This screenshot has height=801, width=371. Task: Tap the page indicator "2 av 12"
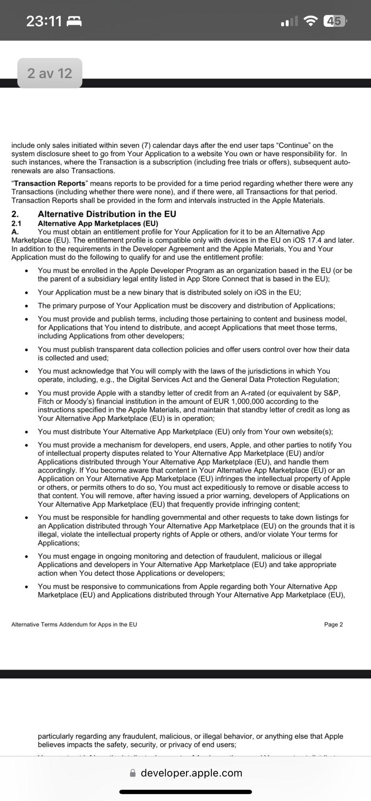point(50,73)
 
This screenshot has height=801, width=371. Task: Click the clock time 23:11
point(44,21)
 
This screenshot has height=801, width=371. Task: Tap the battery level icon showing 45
point(334,21)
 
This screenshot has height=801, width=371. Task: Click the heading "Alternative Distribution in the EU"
point(107,214)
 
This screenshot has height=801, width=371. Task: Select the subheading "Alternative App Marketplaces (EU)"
point(98,223)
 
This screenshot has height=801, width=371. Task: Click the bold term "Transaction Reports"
point(50,183)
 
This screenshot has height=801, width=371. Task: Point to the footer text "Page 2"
point(333,624)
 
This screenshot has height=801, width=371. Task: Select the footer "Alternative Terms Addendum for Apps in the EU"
point(74,624)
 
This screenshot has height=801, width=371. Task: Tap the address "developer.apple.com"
point(191,773)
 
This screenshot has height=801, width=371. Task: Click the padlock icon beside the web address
point(133,773)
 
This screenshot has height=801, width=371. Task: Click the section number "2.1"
point(16,223)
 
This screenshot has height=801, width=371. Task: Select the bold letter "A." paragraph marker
point(15,232)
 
